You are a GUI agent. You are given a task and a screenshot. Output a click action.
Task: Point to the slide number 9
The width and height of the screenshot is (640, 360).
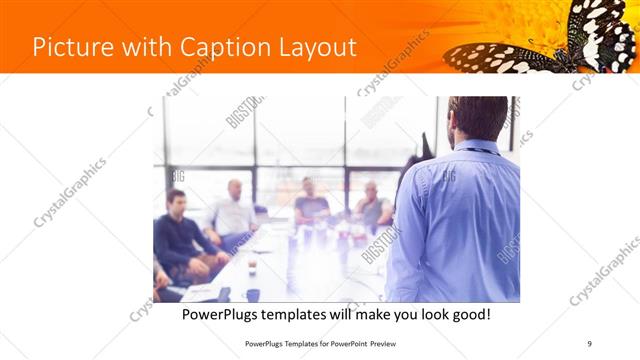coord(589,344)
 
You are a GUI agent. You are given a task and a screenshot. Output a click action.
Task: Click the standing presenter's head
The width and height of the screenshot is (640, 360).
coord(478,118)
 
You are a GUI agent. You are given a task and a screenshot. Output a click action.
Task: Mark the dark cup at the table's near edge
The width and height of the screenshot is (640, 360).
coord(253,294)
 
